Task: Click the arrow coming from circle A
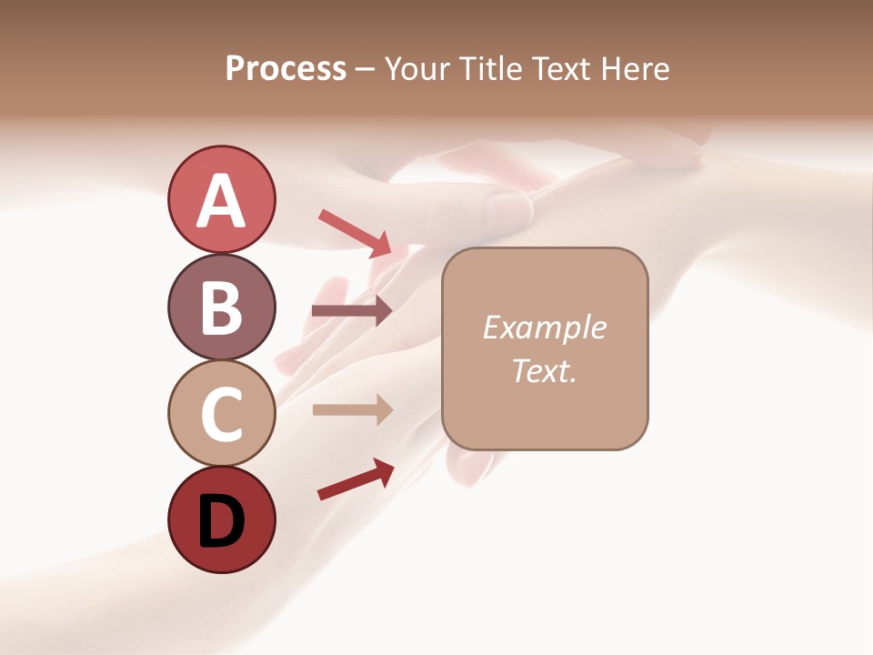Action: [x=355, y=233]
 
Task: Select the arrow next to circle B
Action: [x=351, y=311]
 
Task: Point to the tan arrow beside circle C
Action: [x=351, y=409]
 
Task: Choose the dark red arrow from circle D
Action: [x=355, y=479]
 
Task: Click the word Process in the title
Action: [x=286, y=69]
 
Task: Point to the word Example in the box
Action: [x=544, y=327]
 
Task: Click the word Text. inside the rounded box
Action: [x=544, y=371]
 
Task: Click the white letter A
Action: [x=221, y=201]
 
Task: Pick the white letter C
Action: [x=221, y=414]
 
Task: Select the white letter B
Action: [x=221, y=307]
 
